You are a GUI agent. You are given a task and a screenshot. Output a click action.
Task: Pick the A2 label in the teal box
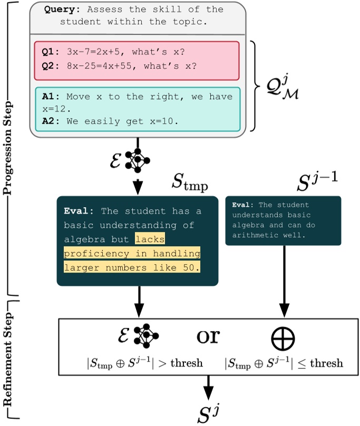pos(49,121)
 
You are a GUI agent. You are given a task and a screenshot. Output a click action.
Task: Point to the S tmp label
pos(189,183)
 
